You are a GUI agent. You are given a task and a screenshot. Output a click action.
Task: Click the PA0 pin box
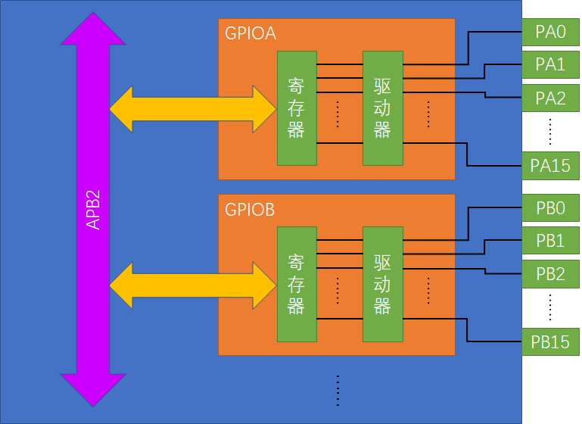(x=550, y=33)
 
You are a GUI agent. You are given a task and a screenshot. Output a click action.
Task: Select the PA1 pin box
(x=550, y=65)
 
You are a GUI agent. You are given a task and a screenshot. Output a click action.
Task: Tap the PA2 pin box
(x=550, y=98)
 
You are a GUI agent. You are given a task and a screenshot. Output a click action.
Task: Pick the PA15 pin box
(x=550, y=165)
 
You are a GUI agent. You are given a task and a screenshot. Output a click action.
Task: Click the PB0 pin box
(x=550, y=208)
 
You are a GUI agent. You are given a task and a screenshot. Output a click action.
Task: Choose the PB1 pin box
(x=550, y=241)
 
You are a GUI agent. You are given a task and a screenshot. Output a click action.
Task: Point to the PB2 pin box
(x=550, y=273)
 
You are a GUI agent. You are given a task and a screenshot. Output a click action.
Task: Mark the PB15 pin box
(x=550, y=341)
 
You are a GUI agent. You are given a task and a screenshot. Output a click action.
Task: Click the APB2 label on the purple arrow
(x=92, y=210)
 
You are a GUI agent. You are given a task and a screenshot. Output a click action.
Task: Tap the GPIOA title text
(x=251, y=33)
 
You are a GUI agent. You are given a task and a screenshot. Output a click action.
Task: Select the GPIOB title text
(x=251, y=209)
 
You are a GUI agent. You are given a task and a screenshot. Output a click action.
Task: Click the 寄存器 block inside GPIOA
(x=296, y=108)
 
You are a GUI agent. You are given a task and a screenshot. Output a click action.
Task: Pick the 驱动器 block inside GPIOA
(x=382, y=108)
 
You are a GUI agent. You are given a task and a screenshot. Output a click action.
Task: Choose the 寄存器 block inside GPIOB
(x=296, y=284)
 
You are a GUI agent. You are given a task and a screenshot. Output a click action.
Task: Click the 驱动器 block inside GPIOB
(x=382, y=284)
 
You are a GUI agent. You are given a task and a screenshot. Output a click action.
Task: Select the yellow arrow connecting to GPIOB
(x=193, y=285)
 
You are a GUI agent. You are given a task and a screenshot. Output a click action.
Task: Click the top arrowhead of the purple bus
(x=92, y=30)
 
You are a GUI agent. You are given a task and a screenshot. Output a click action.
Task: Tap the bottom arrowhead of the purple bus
(x=92, y=388)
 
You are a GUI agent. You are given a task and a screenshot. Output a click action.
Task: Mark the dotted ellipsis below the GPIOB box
(x=337, y=390)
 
